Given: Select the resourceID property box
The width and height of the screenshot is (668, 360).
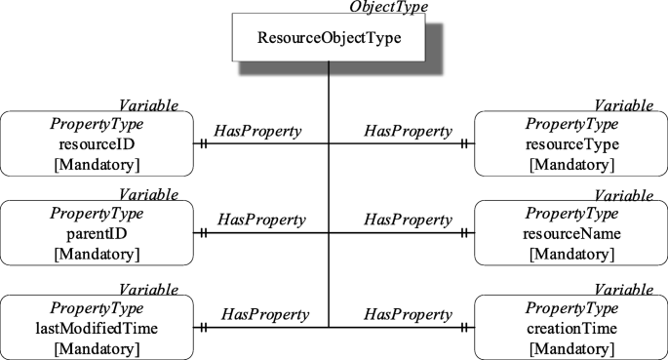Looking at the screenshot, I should click(x=98, y=142).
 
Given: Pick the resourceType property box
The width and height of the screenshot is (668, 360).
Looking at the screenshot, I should click(x=570, y=142).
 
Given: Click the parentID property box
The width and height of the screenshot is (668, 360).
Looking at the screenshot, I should click(x=98, y=233).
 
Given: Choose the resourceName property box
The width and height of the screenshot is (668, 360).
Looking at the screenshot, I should click(x=570, y=233).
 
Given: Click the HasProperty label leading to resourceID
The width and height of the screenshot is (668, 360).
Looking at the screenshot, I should click(x=257, y=130).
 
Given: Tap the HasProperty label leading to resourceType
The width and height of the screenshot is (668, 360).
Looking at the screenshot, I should click(x=408, y=130).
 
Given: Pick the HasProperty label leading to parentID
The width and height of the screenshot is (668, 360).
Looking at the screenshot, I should click(x=261, y=220).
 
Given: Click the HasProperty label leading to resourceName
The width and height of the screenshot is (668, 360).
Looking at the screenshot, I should click(x=408, y=220).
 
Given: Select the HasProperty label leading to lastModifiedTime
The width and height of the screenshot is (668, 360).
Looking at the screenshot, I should click(x=264, y=314).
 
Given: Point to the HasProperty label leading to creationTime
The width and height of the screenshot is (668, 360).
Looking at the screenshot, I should click(x=408, y=314).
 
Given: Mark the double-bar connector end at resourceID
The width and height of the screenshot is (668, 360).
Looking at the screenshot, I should click(x=204, y=143).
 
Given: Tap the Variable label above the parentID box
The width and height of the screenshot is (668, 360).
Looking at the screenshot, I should click(x=148, y=195).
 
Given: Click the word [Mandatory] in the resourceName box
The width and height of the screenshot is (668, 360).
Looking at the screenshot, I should click(x=570, y=254).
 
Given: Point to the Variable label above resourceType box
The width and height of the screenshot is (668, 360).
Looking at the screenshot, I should click(x=624, y=104).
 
